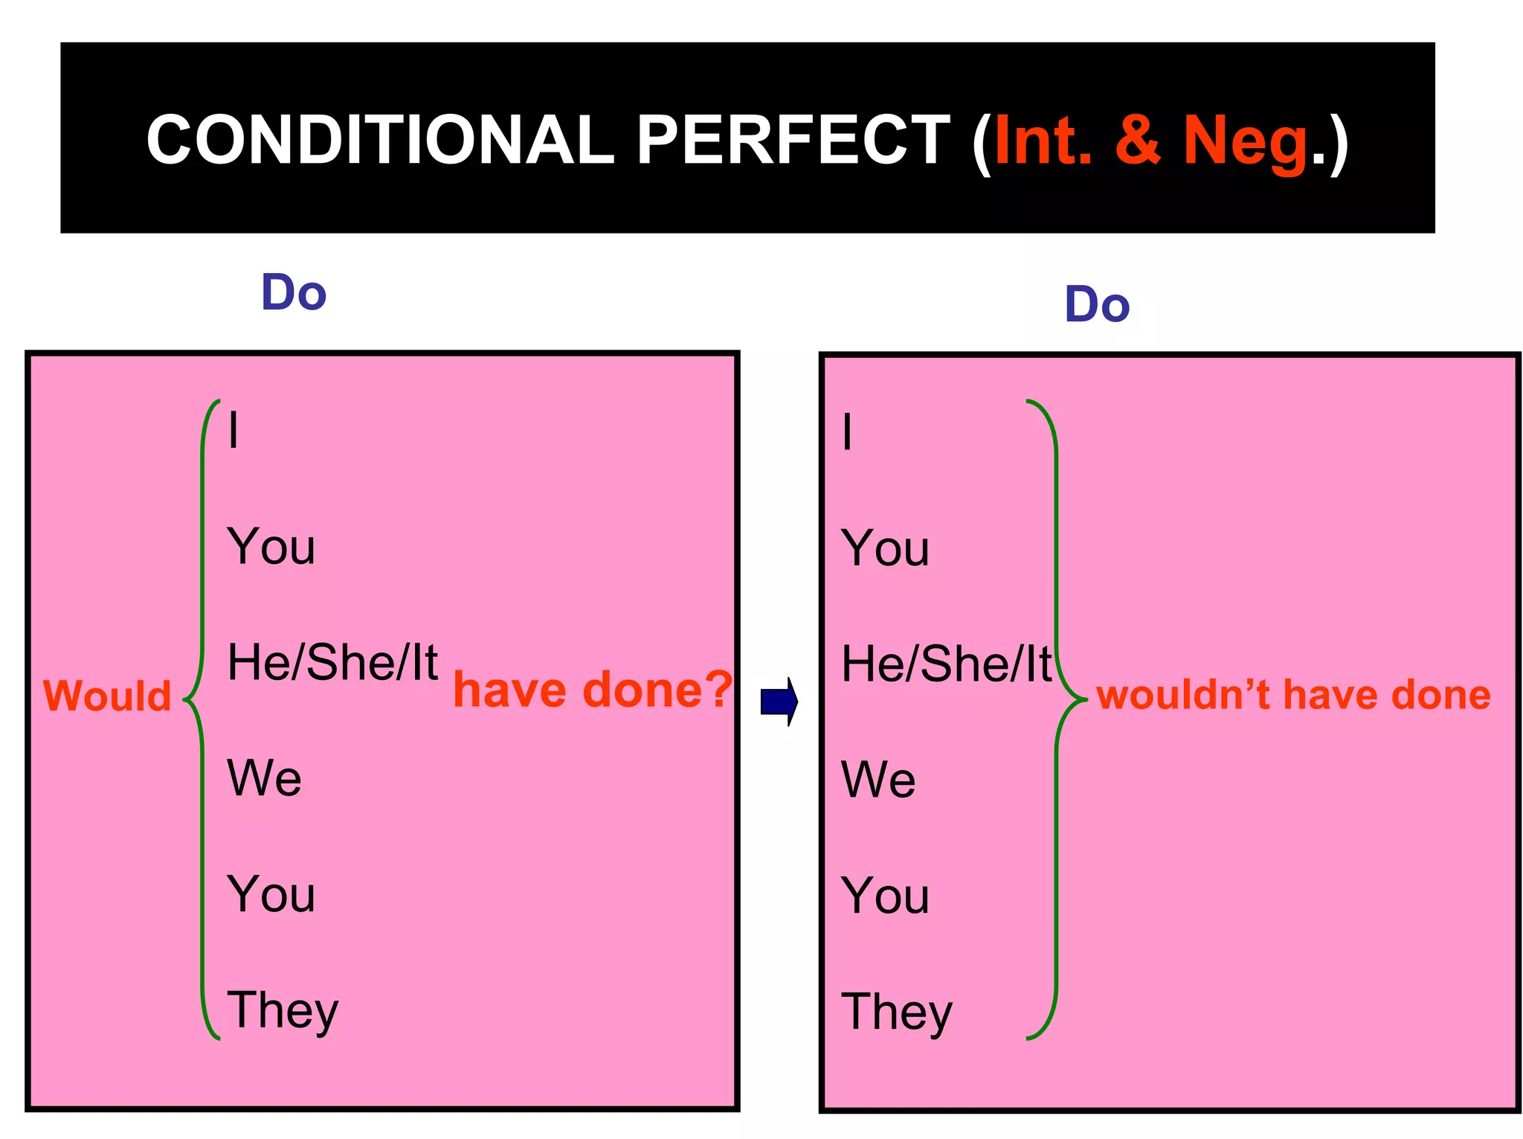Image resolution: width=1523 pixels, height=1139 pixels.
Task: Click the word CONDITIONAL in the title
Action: (x=380, y=141)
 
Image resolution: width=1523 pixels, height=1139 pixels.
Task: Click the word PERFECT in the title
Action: (x=793, y=141)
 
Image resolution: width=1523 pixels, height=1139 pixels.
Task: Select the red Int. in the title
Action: (x=1043, y=141)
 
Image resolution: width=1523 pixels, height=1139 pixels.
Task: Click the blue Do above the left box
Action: (x=294, y=292)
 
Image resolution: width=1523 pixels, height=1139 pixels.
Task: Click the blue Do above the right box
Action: (x=1097, y=304)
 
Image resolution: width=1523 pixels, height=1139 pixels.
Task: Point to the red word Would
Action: (x=107, y=696)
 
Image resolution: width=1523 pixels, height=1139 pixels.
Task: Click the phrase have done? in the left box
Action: (x=593, y=690)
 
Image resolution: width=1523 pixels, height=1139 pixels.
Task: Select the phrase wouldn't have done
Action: (x=1293, y=695)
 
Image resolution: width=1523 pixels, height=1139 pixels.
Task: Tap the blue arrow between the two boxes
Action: (x=779, y=702)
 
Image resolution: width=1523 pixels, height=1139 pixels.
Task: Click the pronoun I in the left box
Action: (x=234, y=430)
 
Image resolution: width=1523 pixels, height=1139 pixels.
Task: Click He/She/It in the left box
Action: (x=332, y=662)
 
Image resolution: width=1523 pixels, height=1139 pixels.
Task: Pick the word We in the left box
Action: (x=264, y=778)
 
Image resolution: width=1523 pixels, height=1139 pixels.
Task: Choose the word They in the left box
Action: (x=283, y=1011)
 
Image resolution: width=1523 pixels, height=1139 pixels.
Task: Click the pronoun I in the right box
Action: (x=847, y=431)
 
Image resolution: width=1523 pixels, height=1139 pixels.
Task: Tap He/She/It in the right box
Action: (x=946, y=664)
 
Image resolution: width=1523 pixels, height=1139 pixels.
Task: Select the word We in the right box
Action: (x=878, y=780)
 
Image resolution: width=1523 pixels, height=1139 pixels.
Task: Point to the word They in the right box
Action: (x=896, y=1013)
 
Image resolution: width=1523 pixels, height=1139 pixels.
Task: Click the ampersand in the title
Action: (x=1138, y=141)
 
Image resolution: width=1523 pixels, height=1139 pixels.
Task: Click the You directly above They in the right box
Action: (x=885, y=895)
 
